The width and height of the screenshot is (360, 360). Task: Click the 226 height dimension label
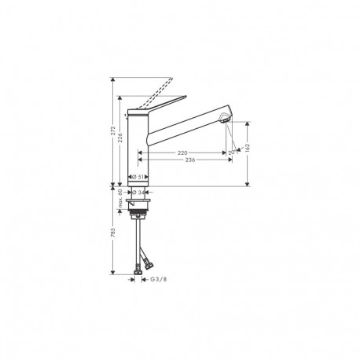(x=121, y=138)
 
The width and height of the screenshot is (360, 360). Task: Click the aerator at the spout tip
(x=225, y=118)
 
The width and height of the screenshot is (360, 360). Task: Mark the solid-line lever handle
(x=161, y=100)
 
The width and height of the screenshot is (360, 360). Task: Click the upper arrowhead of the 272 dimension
(x=113, y=79)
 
